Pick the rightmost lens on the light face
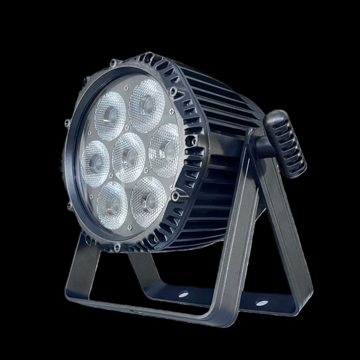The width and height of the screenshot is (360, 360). [x=164, y=150]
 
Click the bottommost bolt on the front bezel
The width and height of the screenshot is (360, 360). [x=116, y=247]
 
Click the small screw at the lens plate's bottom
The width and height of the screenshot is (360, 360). [x=129, y=228]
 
